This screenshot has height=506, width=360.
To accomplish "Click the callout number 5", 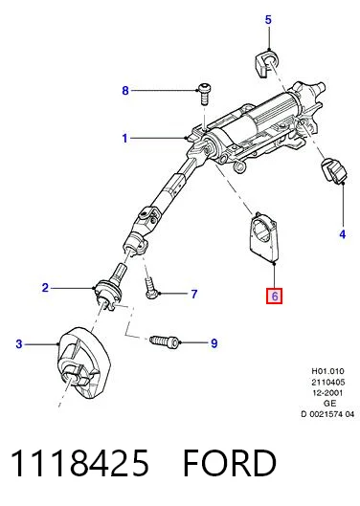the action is coord(268,20).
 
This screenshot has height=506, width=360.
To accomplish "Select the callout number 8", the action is coord(125,91).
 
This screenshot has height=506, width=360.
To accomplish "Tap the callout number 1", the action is coord(125,139).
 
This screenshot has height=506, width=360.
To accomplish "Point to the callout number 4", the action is coord(343,234).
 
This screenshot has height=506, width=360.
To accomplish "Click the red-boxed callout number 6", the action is coord(275,296).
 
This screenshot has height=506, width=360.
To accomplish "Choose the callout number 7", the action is coord(194,294).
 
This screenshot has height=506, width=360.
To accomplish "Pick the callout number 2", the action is coord(45,288).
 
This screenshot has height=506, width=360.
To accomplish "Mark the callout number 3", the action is coord(19,344).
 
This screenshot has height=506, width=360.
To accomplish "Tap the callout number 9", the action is coord(214,343).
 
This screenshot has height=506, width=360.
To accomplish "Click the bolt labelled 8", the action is coord(204,94).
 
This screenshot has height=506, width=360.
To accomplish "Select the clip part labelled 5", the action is coord(266,63).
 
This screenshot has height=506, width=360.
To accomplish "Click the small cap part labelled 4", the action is coord(333,170).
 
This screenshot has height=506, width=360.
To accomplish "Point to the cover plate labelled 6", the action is coord(264,236).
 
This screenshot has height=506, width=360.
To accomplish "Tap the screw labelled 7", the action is coord(151,289).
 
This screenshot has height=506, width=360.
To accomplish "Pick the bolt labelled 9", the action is coord(165,341).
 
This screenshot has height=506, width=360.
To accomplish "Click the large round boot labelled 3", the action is coord(84,363).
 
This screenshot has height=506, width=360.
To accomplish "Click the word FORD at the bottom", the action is coord(230,463).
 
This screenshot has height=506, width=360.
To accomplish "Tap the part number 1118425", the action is coord(80,463).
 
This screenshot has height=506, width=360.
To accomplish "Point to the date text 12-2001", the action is coord(327,393).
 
